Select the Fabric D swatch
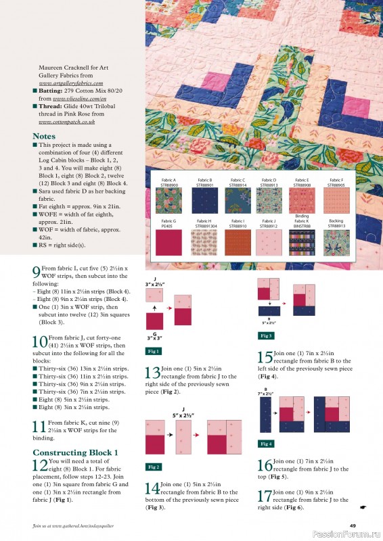[269, 200]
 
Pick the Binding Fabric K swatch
[302, 241]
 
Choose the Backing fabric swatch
[336, 241]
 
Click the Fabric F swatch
[336, 200]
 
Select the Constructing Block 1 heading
[76, 452]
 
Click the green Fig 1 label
[154, 351]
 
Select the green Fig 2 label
[154, 467]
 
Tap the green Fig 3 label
[267, 335]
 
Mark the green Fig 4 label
[267, 444]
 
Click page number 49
[353, 525]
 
